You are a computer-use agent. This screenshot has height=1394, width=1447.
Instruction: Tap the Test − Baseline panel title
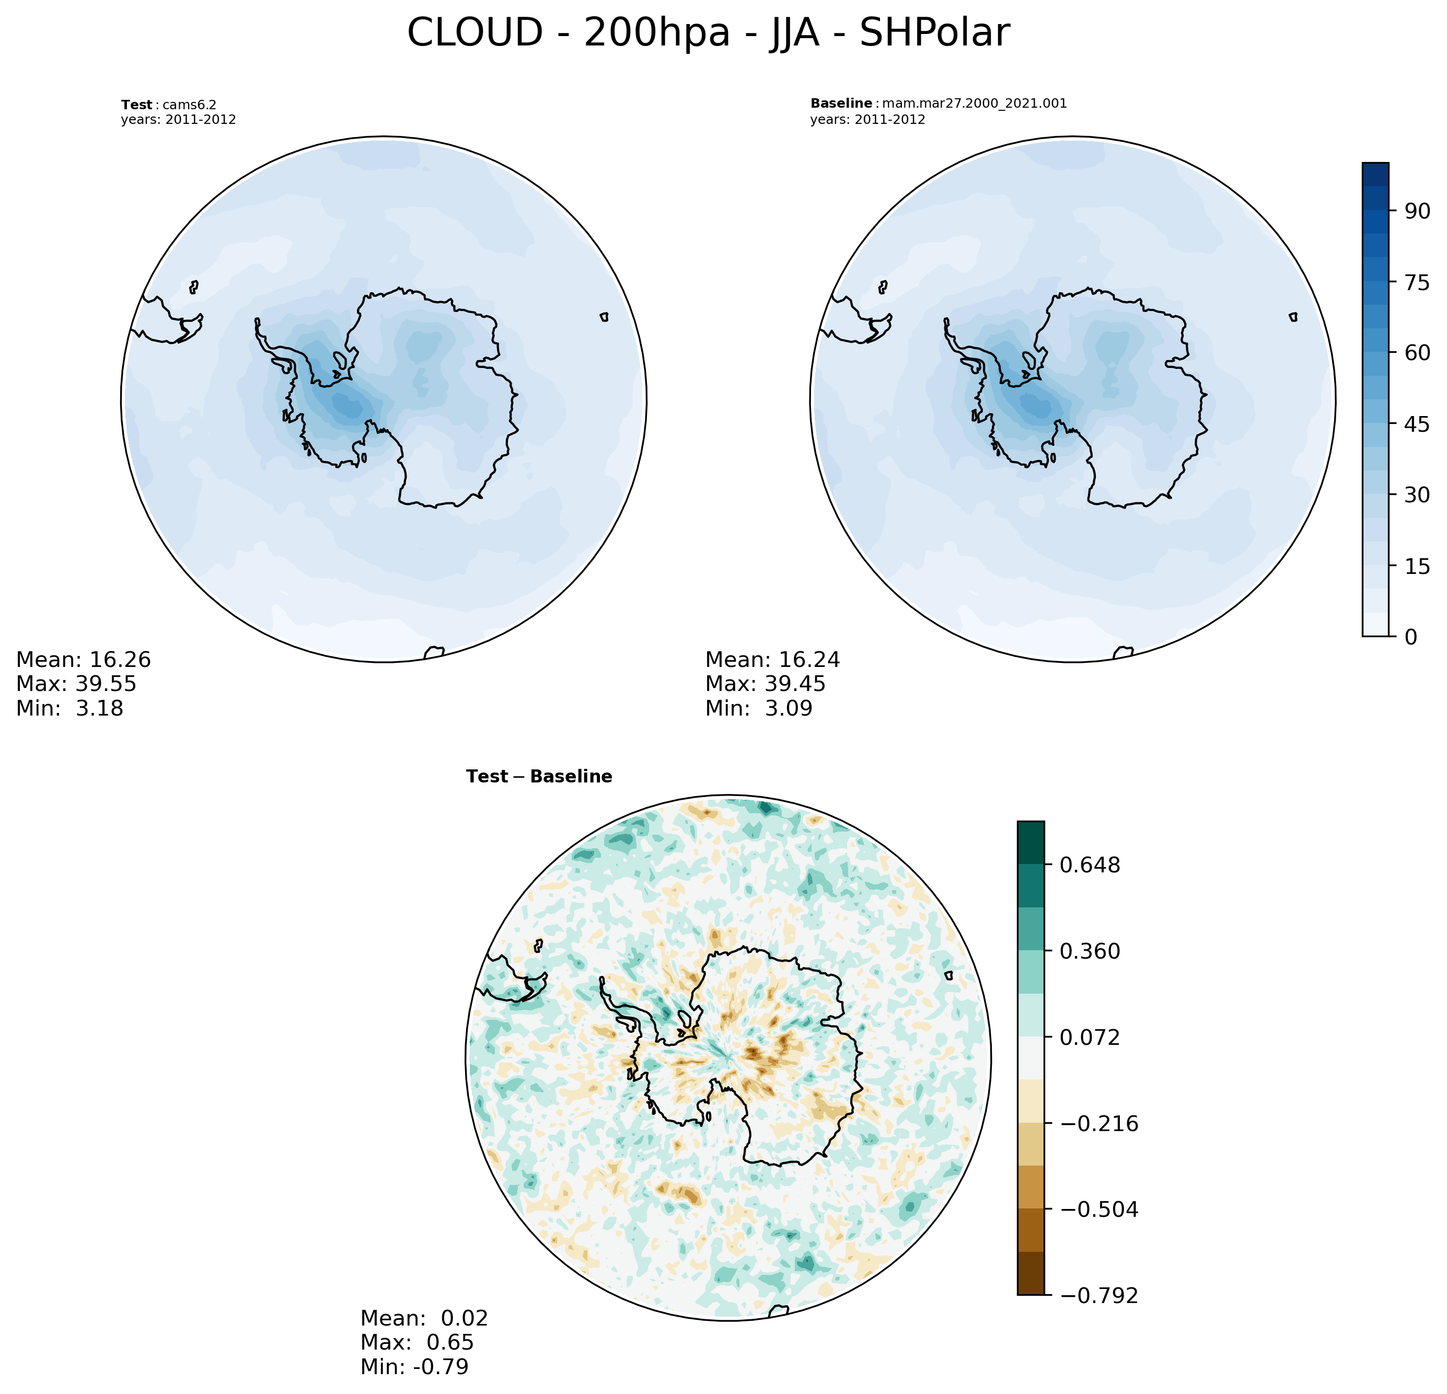pyautogui.click(x=539, y=777)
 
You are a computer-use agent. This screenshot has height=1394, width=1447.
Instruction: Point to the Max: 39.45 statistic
pyautogui.click(x=765, y=684)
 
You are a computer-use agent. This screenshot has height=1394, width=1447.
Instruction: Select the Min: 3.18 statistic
pyautogui.click(x=70, y=708)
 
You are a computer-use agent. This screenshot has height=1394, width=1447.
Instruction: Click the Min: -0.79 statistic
pyautogui.click(x=414, y=1367)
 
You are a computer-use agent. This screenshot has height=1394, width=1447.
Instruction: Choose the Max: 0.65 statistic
pyautogui.click(x=416, y=1342)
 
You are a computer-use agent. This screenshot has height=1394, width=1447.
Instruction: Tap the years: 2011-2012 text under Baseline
pyautogui.click(x=867, y=120)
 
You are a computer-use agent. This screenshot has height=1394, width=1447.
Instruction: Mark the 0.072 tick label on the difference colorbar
pyautogui.click(x=1090, y=1038)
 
